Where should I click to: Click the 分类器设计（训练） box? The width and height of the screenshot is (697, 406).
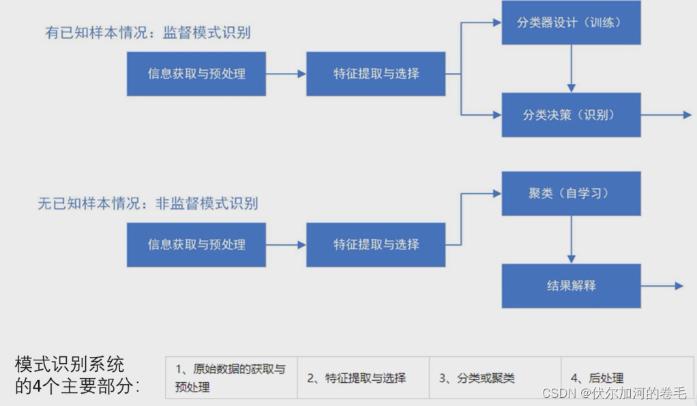(571, 23)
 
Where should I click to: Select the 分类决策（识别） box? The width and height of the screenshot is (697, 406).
(571, 115)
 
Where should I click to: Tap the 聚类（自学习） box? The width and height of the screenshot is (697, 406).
(571, 193)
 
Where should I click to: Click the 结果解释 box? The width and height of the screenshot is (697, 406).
(571, 285)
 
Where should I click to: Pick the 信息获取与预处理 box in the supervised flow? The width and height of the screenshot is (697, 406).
(196, 74)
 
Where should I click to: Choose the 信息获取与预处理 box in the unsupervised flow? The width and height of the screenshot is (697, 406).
(196, 245)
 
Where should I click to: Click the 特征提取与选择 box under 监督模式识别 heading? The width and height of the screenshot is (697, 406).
(376, 74)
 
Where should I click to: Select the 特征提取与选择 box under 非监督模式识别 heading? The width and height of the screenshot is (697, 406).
(376, 245)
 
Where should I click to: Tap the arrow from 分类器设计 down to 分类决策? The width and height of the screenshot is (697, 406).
(571, 69)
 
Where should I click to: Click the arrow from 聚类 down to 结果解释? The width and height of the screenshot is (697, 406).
(571, 239)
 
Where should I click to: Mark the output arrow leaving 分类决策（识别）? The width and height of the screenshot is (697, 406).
(666, 115)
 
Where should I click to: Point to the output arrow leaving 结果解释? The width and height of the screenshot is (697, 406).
(662, 286)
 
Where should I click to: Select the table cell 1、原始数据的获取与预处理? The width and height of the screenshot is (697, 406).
(231, 377)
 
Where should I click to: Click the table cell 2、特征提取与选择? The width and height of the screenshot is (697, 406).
(363, 377)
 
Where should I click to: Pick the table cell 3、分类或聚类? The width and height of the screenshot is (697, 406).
(494, 377)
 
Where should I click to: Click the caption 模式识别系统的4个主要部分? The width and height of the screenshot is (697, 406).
(76, 375)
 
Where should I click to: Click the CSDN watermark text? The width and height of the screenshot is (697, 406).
(613, 393)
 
